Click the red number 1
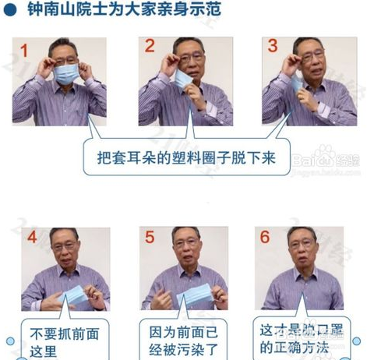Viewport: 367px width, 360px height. pos(25,51)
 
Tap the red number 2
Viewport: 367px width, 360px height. pos(150,46)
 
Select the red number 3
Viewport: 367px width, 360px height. pos(273,46)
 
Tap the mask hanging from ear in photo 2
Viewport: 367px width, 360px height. pos(184,80)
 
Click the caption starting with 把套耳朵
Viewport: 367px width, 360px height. pos(187,156)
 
